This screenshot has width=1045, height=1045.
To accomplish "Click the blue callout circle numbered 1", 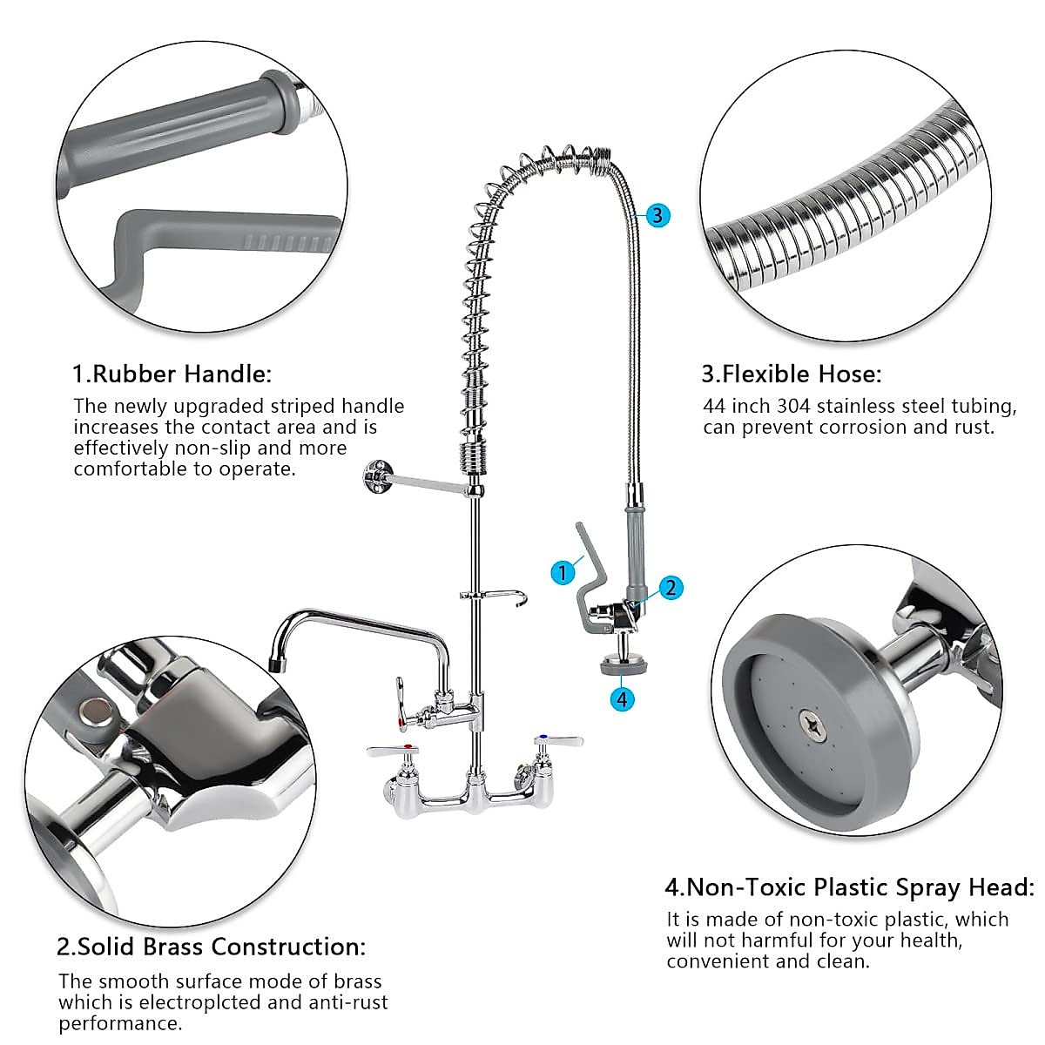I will point(563,572).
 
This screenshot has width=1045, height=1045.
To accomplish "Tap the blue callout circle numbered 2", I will point(669,587).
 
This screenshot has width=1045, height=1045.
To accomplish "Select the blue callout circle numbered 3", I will point(657,214).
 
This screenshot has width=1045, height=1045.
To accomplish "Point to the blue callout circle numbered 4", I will point(621,698).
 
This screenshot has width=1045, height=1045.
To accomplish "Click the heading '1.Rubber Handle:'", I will point(172,374).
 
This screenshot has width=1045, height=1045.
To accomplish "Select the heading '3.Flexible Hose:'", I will point(792,374).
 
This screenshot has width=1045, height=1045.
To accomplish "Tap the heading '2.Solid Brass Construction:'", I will point(212,947).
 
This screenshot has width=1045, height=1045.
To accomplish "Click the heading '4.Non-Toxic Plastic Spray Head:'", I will point(849,887).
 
